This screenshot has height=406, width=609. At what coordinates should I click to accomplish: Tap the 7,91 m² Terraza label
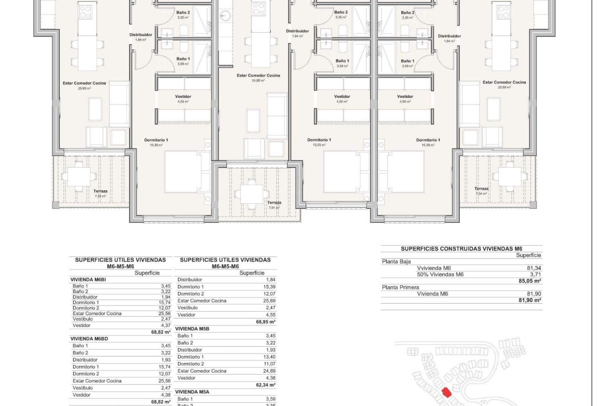click(274, 205)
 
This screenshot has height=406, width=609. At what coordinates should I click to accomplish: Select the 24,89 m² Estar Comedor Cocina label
click(258, 78)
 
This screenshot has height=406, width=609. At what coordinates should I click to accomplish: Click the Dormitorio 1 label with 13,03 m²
click(319, 142)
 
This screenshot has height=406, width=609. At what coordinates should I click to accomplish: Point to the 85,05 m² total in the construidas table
click(530, 281)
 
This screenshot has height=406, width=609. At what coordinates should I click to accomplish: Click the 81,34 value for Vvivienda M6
click(534, 268)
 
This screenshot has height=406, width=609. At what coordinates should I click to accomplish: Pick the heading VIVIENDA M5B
click(192, 329)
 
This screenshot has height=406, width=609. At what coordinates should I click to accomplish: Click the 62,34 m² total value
click(265, 385)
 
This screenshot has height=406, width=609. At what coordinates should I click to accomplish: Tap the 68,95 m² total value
click(265, 322)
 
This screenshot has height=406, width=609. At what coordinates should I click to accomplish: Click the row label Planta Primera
click(400, 287)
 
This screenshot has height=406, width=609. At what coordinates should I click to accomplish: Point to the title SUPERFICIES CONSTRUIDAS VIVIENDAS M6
click(462, 249)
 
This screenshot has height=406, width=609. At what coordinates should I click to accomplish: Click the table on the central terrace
click(252, 194)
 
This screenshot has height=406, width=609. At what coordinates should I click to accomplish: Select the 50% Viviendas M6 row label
click(440, 275)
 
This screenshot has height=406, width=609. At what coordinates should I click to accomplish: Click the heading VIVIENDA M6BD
click(89, 339)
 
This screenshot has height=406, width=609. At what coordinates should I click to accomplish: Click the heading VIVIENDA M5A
click(192, 392)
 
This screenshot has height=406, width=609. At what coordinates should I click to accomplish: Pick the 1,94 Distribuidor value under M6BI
click(166, 297)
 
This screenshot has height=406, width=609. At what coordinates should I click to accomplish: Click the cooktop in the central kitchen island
click(259, 9)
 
